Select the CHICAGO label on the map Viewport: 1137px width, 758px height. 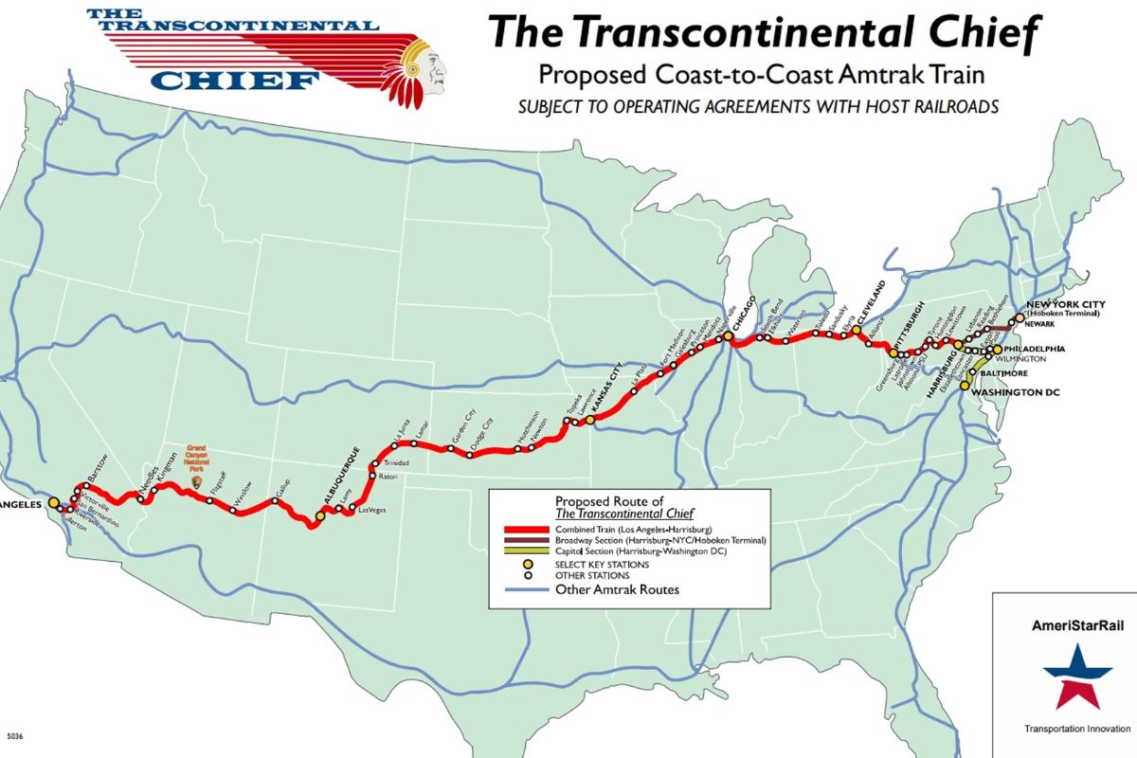click(745, 313)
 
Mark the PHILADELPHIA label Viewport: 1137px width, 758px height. click(1034, 349)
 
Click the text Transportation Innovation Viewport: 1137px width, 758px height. click(1077, 729)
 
